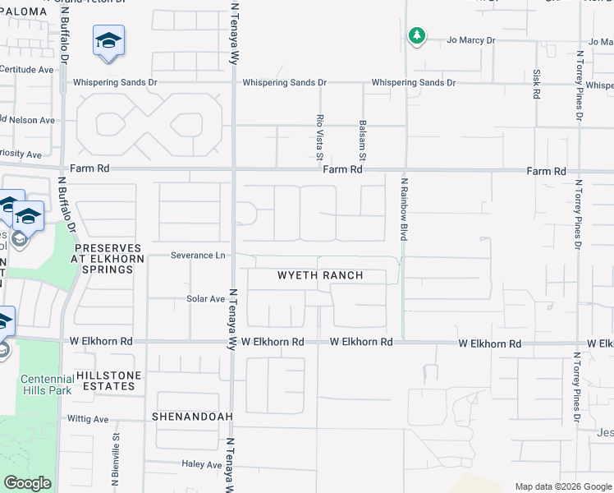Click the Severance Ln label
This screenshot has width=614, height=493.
[197, 256]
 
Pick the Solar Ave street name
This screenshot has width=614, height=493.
[205, 299]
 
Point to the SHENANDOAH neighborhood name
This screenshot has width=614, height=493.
[192, 417]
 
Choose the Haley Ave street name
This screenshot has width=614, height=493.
[201, 464]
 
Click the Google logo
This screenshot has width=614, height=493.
[27, 484]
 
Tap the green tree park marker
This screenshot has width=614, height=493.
[417, 36]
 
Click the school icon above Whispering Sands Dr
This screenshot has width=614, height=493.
[108, 40]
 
